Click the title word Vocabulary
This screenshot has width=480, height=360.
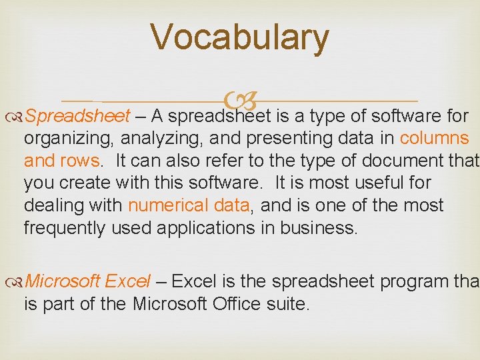(x=239, y=37)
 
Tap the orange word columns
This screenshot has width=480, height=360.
(x=434, y=139)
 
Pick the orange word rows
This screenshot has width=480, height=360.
(x=81, y=161)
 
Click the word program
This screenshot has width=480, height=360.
(x=409, y=282)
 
